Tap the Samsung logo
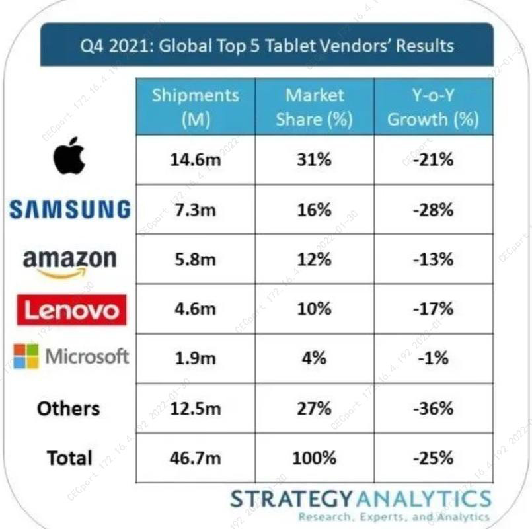pyautogui.click(x=69, y=210)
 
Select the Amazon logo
pyautogui.click(x=69, y=262)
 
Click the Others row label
pyautogui.click(x=69, y=409)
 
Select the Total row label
pyautogui.click(x=69, y=458)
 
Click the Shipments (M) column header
pyautogui.click(x=195, y=107)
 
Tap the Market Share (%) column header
pyautogui.click(x=314, y=107)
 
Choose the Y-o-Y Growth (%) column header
pyautogui.click(x=433, y=107)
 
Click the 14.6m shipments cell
pyautogui.click(x=195, y=159)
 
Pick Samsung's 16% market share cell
pyautogui.click(x=314, y=210)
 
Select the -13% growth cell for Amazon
pyautogui.click(x=433, y=259)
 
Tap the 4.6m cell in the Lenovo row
pyautogui.click(x=195, y=309)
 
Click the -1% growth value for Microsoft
pyautogui.click(x=433, y=358)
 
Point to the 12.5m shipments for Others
pyautogui.click(x=195, y=409)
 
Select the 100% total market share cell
pyautogui.click(x=314, y=458)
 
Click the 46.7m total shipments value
pyautogui.click(x=195, y=458)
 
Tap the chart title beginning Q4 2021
pyautogui.click(x=266, y=46)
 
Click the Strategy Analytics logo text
pyautogui.click(x=360, y=498)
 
